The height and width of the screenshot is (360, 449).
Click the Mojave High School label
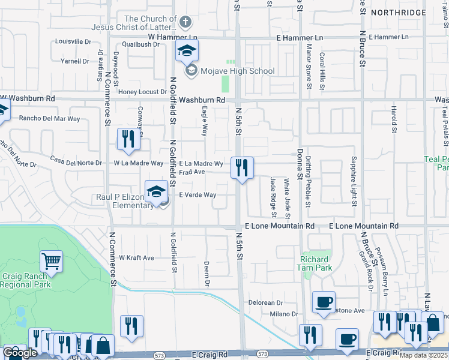[x=238, y=71]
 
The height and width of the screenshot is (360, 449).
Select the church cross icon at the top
[x=185, y=23]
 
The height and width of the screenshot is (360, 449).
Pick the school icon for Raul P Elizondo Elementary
[x=156, y=192]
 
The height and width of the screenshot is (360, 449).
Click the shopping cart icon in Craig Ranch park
[x=52, y=262]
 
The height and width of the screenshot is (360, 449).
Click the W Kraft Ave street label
[x=136, y=257]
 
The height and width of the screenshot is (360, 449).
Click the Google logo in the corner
[x=20, y=353]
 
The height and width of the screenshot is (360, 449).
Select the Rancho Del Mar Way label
[x=49, y=119]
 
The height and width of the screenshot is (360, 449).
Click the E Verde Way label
[x=197, y=195]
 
